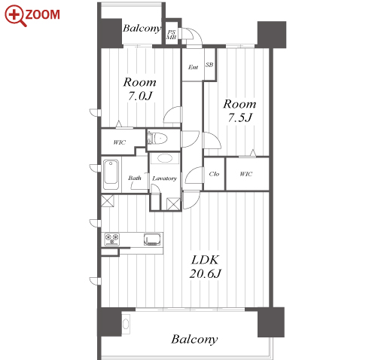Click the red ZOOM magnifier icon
[15, 15]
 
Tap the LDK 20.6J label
[205, 267]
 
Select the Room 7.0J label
[140, 89]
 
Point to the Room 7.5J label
[239, 111]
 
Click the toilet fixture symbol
[157, 139]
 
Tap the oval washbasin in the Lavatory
[165, 158]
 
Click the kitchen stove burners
[111, 239]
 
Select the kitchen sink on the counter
[152, 239]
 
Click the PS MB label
[172, 35]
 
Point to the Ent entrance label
[193, 67]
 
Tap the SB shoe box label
[209, 65]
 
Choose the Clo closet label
[214, 174]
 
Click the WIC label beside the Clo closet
[246, 174]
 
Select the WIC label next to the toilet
[120, 142]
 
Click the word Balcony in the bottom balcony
[194, 340]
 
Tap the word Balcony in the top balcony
[142, 29]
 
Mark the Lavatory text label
[164, 178]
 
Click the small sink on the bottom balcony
[126, 324]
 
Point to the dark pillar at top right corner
[272, 35]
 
